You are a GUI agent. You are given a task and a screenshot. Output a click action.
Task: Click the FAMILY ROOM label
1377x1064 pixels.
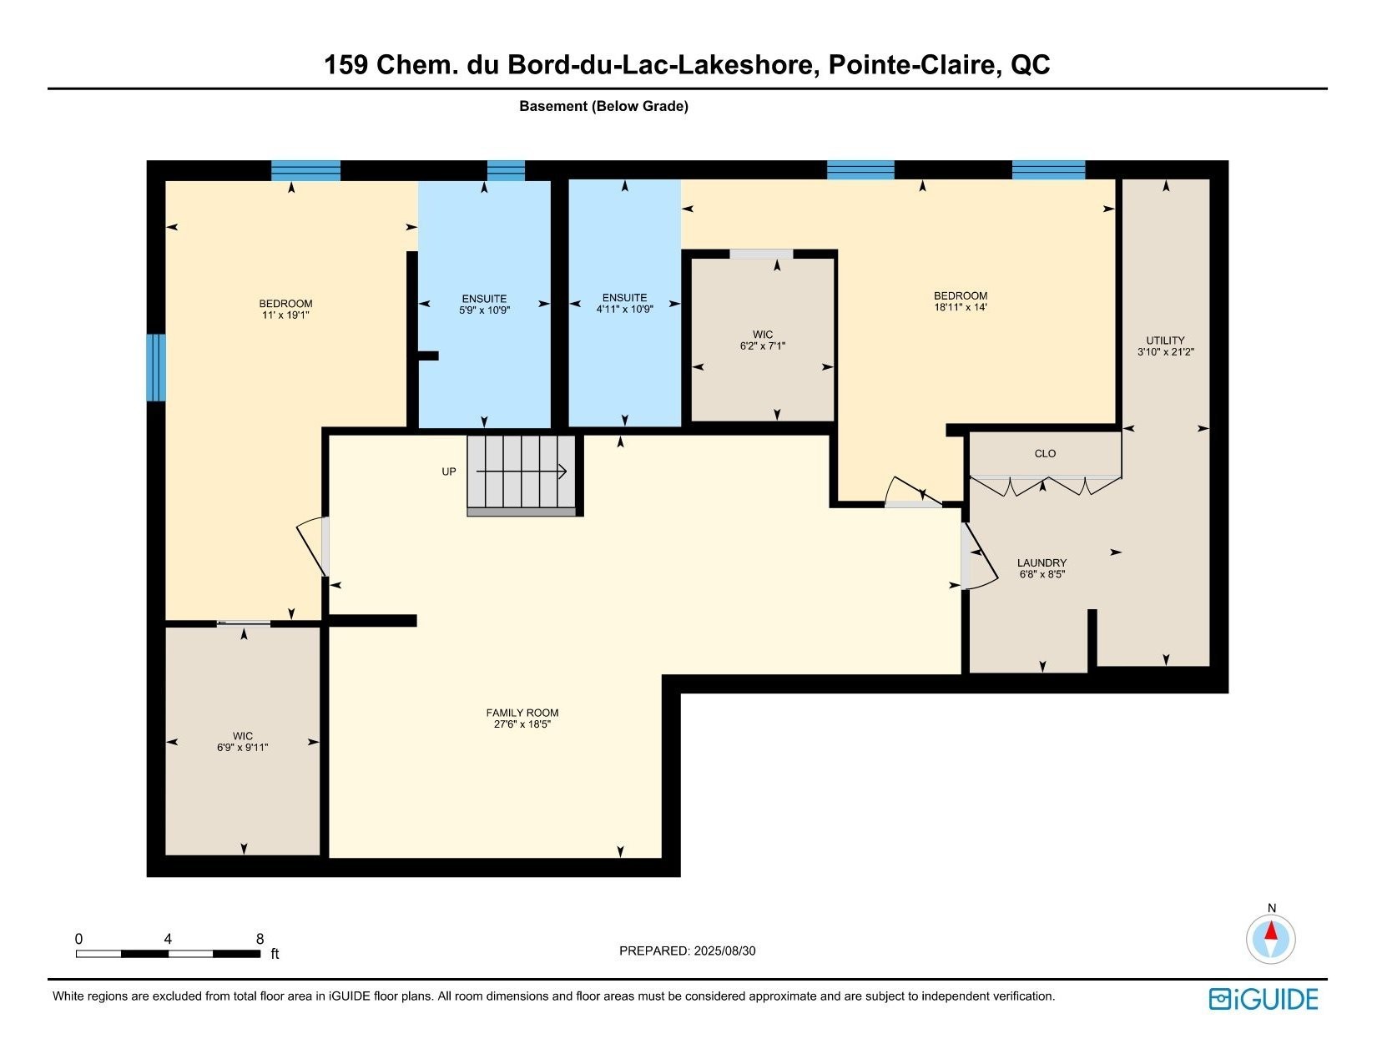pos(522,713)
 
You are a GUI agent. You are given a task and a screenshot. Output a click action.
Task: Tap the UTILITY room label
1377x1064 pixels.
pos(1165,340)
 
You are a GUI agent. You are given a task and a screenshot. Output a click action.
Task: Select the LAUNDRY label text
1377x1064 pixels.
pos(1042,562)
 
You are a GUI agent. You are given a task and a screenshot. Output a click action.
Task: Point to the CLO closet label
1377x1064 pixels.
pos(1045,454)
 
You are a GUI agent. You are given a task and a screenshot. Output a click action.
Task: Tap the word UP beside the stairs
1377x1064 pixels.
pos(449,471)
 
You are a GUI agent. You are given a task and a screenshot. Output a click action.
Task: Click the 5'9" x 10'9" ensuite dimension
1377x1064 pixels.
pos(484,310)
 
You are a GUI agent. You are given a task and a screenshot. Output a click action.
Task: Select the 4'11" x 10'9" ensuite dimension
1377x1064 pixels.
pos(624,310)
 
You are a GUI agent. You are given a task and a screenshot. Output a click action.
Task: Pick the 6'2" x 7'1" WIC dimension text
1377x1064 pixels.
pos(762,346)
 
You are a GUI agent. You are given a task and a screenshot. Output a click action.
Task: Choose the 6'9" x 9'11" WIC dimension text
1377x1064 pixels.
pos(243,748)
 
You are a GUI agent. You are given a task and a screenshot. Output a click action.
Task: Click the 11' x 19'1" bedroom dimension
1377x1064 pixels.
pos(285,315)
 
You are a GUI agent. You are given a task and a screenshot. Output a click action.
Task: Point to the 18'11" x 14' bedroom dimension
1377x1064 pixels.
pos(961,307)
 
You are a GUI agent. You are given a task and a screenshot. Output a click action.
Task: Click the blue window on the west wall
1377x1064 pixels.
pos(156,367)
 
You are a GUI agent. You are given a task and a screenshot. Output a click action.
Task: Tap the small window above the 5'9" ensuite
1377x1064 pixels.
pos(506,170)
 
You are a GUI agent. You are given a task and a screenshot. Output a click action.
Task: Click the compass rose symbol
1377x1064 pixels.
pos(1270,939)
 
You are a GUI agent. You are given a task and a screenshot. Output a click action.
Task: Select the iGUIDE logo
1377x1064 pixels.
pos(1263,1000)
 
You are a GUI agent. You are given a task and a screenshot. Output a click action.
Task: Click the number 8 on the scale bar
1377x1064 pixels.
pos(260,939)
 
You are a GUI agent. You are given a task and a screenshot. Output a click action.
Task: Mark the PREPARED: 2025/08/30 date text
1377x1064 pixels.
pos(687,951)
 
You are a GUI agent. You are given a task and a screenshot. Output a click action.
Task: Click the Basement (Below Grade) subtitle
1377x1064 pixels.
pos(603,107)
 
